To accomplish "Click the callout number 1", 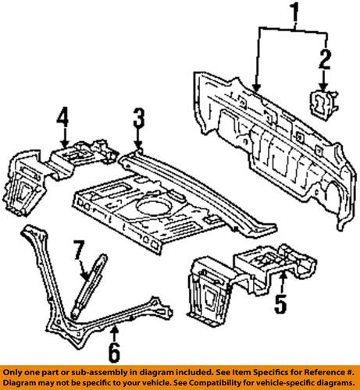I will pos(295,12).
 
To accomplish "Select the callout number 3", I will pos(138,119).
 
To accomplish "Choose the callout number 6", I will pos(114,353).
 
